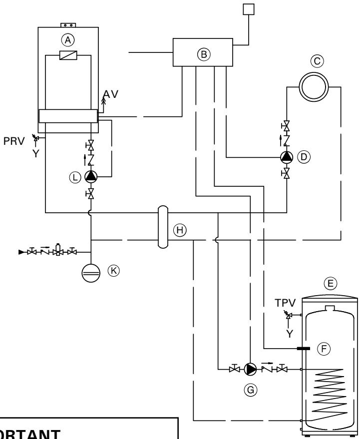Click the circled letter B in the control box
203,55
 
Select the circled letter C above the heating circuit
314,61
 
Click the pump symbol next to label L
91,176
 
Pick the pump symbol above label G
252,370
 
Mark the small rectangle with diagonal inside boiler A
67,56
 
